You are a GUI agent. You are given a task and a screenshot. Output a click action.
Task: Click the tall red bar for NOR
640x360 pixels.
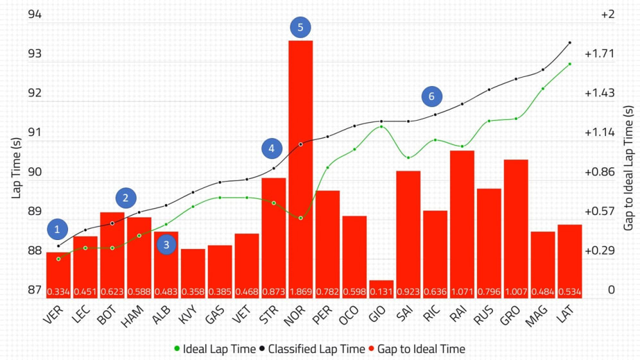click(x=300, y=167)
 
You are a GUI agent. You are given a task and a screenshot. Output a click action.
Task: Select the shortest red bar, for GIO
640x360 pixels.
click(x=381, y=288)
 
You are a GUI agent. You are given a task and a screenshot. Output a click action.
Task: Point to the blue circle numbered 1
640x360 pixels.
click(x=58, y=229)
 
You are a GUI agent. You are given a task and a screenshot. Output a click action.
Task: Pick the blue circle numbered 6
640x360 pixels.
click(x=431, y=96)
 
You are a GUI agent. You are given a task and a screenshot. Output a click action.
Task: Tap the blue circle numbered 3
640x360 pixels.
click(x=166, y=244)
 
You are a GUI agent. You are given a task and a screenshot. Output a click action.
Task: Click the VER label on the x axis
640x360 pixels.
click(x=55, y=316)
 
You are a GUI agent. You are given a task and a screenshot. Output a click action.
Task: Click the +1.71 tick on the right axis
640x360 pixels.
click(x=600, y=53)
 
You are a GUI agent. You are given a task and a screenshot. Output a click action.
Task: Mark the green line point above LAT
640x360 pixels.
click(x=569, y=64)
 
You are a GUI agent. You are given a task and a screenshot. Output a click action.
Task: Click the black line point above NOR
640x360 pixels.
click(x=300, y=144)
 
